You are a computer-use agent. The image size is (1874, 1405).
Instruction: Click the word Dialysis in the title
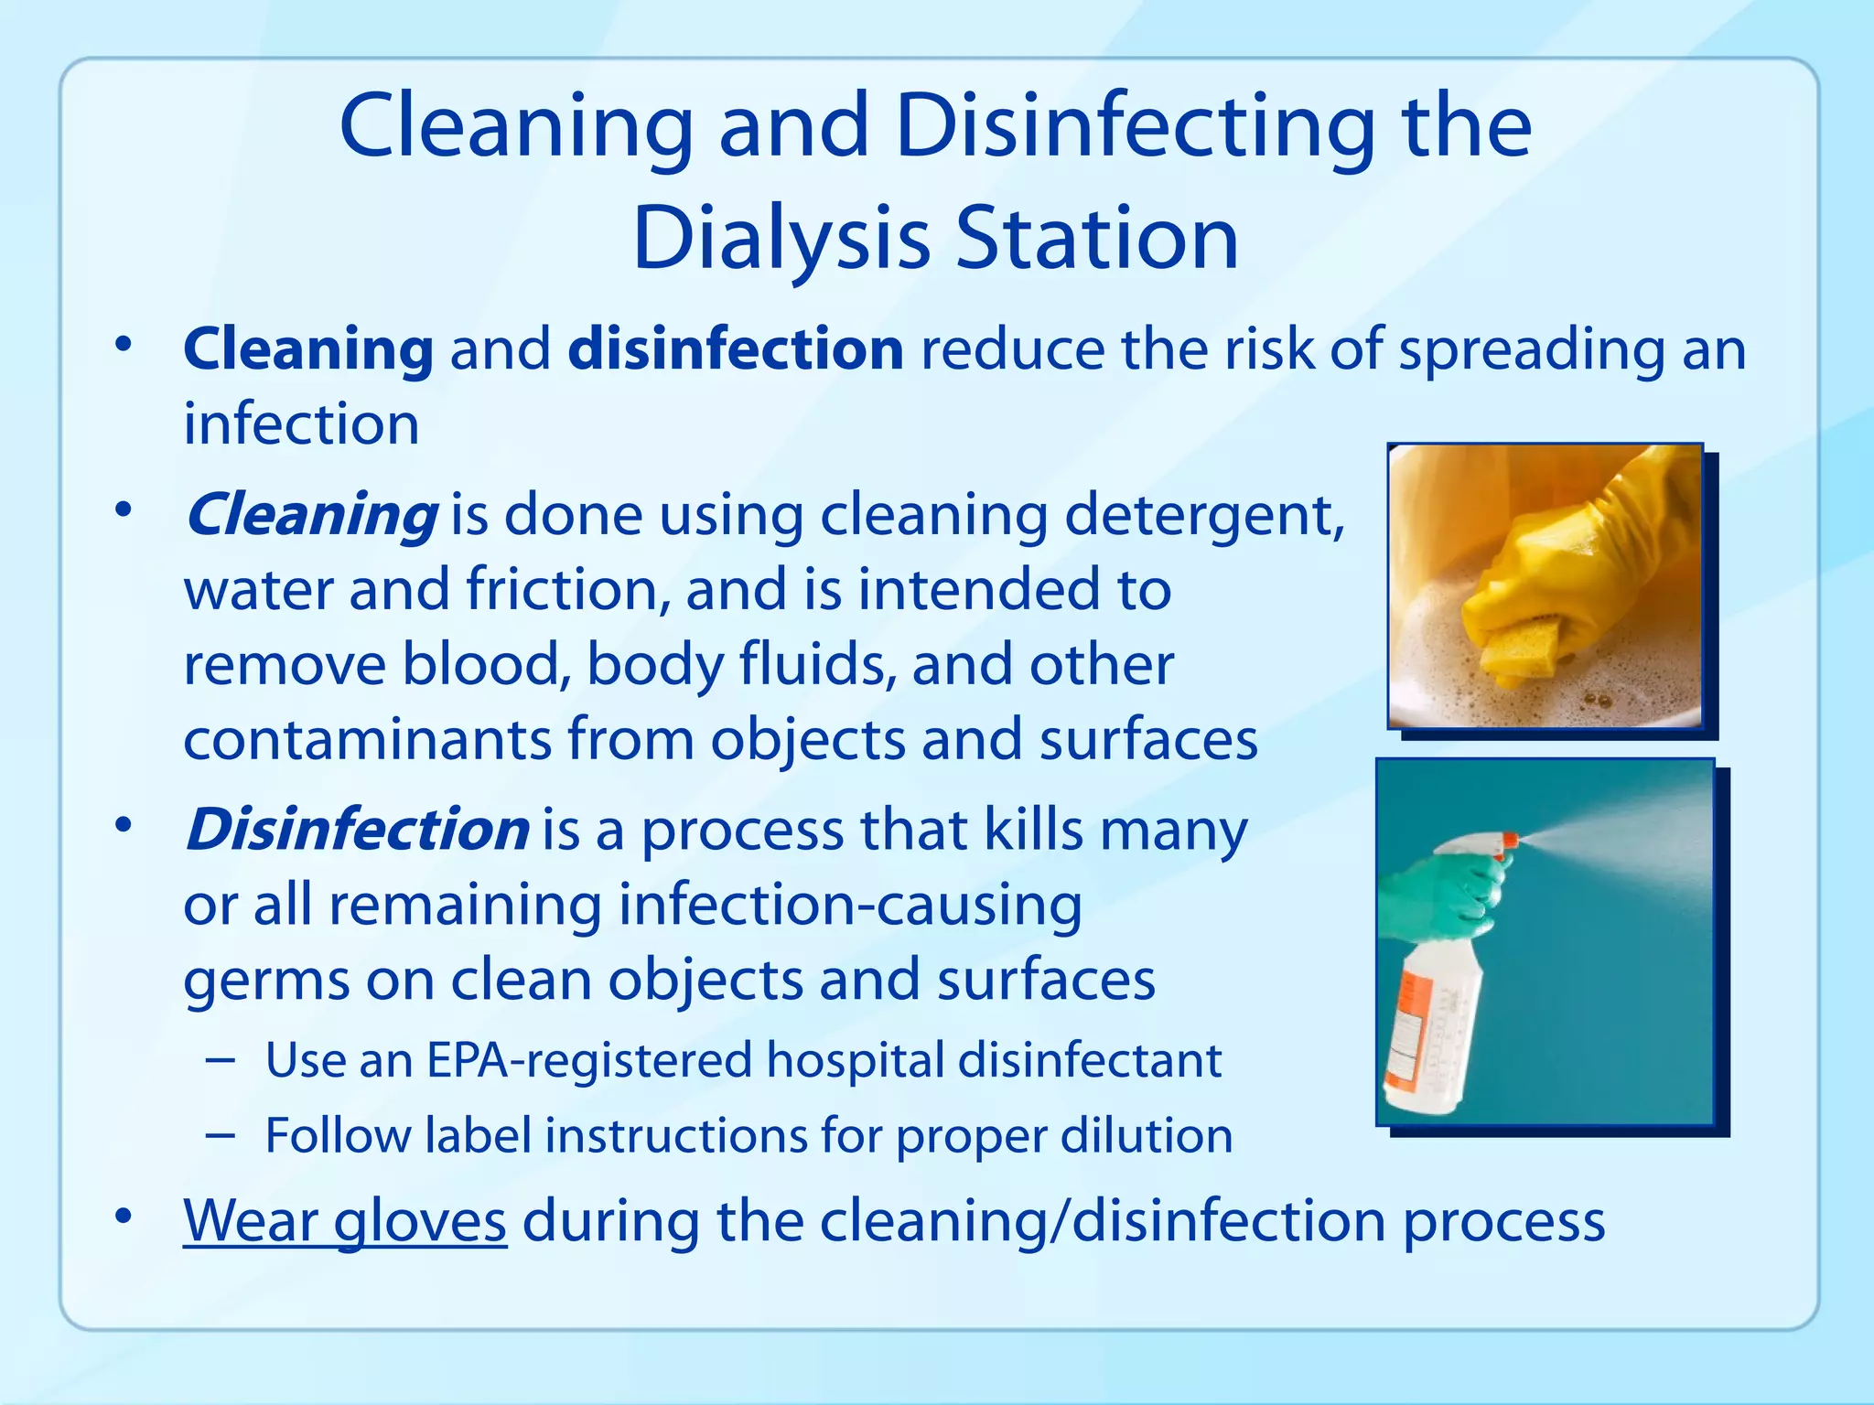(781, 240)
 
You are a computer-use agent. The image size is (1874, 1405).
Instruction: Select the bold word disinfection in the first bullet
(735, 349)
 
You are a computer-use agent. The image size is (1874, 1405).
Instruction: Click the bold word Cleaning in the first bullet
(307, 349)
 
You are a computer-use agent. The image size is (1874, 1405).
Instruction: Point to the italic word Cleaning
(311, 515)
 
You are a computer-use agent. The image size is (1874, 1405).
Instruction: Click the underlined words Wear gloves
(344, 1221)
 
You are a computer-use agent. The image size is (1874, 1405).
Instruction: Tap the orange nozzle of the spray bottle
(1510, 839)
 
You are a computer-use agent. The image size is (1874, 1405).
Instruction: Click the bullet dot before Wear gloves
(124, 1217)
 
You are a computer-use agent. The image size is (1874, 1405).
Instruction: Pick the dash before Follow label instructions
(221, 1135)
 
